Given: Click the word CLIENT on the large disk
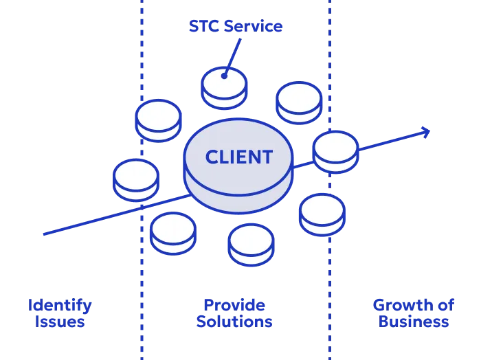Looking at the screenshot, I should pyautogui.click(x=238, y=157).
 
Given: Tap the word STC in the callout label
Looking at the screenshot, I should pyautogui.click(x=203, y=27).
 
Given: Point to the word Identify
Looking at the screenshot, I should pyautogui.click(x=60, y=304).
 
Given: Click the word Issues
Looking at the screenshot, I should pyautogui.click(x=60, y=321).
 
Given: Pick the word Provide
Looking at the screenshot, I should pyautogui.click(x=234, y=304).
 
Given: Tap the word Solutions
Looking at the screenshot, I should pyautogui.click(x=234, y=321).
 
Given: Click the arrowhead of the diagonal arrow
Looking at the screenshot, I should pyautogui.click(x=427, y=131).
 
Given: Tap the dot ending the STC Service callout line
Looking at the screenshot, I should pyautogui.click(x=224, y=75).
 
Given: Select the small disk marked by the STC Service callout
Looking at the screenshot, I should pyautogui.click(x=225, y=87).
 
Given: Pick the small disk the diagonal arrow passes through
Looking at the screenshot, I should pyautogui.click(x=336, y=150).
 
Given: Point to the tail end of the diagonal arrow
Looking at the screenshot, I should pyautogui.click(x=43, y=234).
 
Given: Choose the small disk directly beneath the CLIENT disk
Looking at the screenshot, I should pyautogui.click(x=251, y=244).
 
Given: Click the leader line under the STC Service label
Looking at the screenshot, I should pyautogui.click(x=234, y=54).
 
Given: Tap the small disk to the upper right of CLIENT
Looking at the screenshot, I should pyautogui.click(x=298, y=102).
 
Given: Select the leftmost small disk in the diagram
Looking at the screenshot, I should pyautogui.click(x=136, y=179).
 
